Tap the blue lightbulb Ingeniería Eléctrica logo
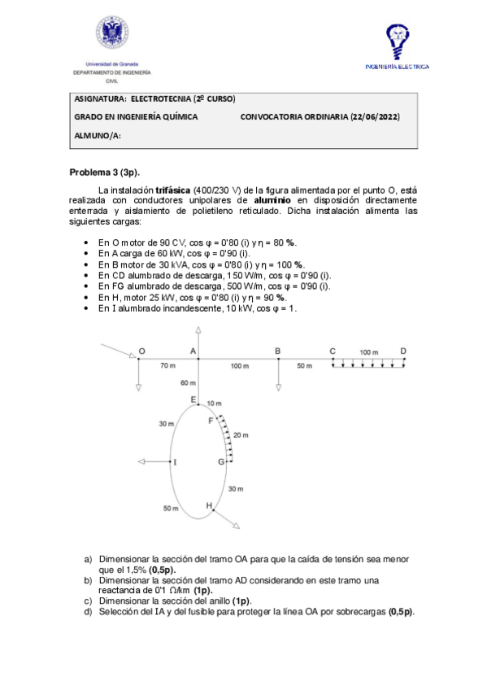pos(396,40)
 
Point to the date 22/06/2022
pos(374,117)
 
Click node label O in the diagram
pos(141,351)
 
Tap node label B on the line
pos(278,351)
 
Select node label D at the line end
pos(403,351)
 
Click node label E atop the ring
pos(193,400)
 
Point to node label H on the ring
pos(209,506)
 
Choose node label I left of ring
pos(175,462)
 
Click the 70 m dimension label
pos(167,366)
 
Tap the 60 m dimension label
pos(188,382)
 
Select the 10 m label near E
pos(214,404)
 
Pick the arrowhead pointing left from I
pos(141,462)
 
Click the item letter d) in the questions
pos(89,612)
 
